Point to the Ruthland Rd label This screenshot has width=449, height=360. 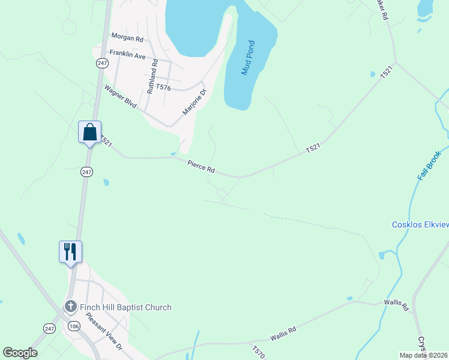(152, 76)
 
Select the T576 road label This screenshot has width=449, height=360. (163, 88)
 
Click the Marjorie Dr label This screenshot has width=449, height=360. (194, 101)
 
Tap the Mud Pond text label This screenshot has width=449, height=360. (249, 58)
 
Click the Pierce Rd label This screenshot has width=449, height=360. (200, 166)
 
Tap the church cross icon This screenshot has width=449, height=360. (70, 307)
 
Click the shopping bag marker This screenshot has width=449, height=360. (89, 131)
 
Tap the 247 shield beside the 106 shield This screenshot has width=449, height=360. (50, 328)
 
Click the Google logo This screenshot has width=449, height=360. (20, 353)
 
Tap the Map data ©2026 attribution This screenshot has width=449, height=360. (423, 355)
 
